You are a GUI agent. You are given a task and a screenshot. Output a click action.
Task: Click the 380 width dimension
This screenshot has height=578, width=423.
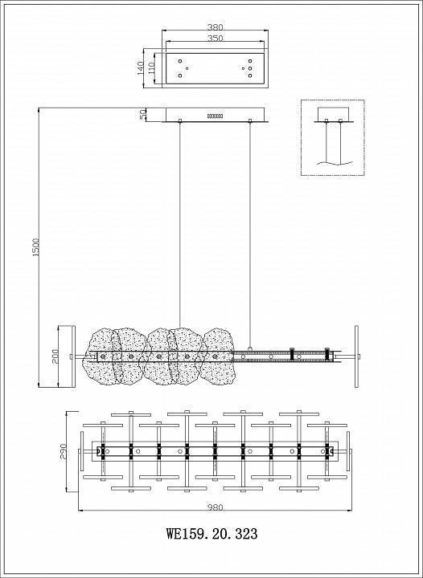click(x=215, y=27)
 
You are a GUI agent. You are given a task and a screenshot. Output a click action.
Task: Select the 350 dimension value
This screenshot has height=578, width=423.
click(x=215, y=38)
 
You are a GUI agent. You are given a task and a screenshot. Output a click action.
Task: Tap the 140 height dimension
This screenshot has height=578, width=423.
click(x=141, y=68)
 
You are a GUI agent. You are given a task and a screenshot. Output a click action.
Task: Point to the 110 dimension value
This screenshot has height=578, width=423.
click(x=150, y=68)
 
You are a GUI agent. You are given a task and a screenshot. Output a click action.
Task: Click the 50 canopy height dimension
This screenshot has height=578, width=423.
click(x=143, y=114)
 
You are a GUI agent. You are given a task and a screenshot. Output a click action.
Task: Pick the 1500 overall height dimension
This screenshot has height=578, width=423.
click(x=35, y=247)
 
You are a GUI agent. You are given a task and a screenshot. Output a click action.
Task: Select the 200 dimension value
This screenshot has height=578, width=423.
click(x=55, y=356)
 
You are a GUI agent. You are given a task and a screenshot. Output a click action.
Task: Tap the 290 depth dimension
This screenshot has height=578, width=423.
click(x=63, y=451)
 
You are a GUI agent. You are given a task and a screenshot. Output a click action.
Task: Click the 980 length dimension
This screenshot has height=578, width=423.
click(x=215, y=507)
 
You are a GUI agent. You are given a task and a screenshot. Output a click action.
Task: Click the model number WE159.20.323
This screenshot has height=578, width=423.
click(x=211, y=533)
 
